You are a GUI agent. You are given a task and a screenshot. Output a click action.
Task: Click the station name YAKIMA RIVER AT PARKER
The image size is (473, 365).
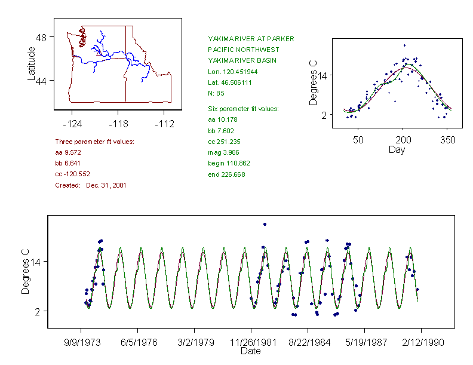[x=251, y=39]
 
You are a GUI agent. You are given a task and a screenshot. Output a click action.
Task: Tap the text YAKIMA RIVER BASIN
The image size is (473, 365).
[x=239, y=60]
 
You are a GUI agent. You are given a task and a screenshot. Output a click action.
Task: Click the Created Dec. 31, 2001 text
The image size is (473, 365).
[x=90, y=185]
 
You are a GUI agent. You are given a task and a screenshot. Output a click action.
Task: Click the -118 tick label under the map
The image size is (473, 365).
[x=118, y=124]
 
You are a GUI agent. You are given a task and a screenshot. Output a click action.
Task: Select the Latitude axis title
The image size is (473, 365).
[x=32, y=63]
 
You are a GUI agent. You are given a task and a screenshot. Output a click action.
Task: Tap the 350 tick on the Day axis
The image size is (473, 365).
[x=448, y=140]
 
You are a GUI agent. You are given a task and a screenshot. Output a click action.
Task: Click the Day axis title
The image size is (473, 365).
[x=397, y=149]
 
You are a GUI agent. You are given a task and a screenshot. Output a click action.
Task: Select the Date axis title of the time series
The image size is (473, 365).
[x=250, y=351]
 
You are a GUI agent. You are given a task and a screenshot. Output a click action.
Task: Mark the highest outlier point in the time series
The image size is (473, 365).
[x=265, y=225]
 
